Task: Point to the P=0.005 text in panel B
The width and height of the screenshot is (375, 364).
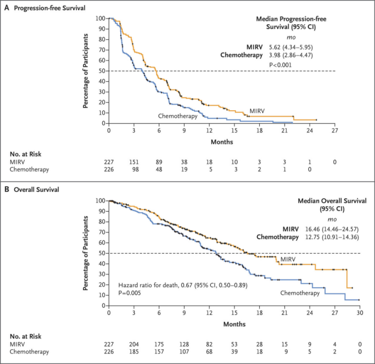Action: click(129, 292)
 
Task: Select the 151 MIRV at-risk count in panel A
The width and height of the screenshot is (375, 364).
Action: click(134, 161)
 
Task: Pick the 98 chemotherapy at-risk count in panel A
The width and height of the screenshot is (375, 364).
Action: click(134, 169)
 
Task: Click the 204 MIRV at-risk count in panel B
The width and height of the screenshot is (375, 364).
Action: click(134, 343)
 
